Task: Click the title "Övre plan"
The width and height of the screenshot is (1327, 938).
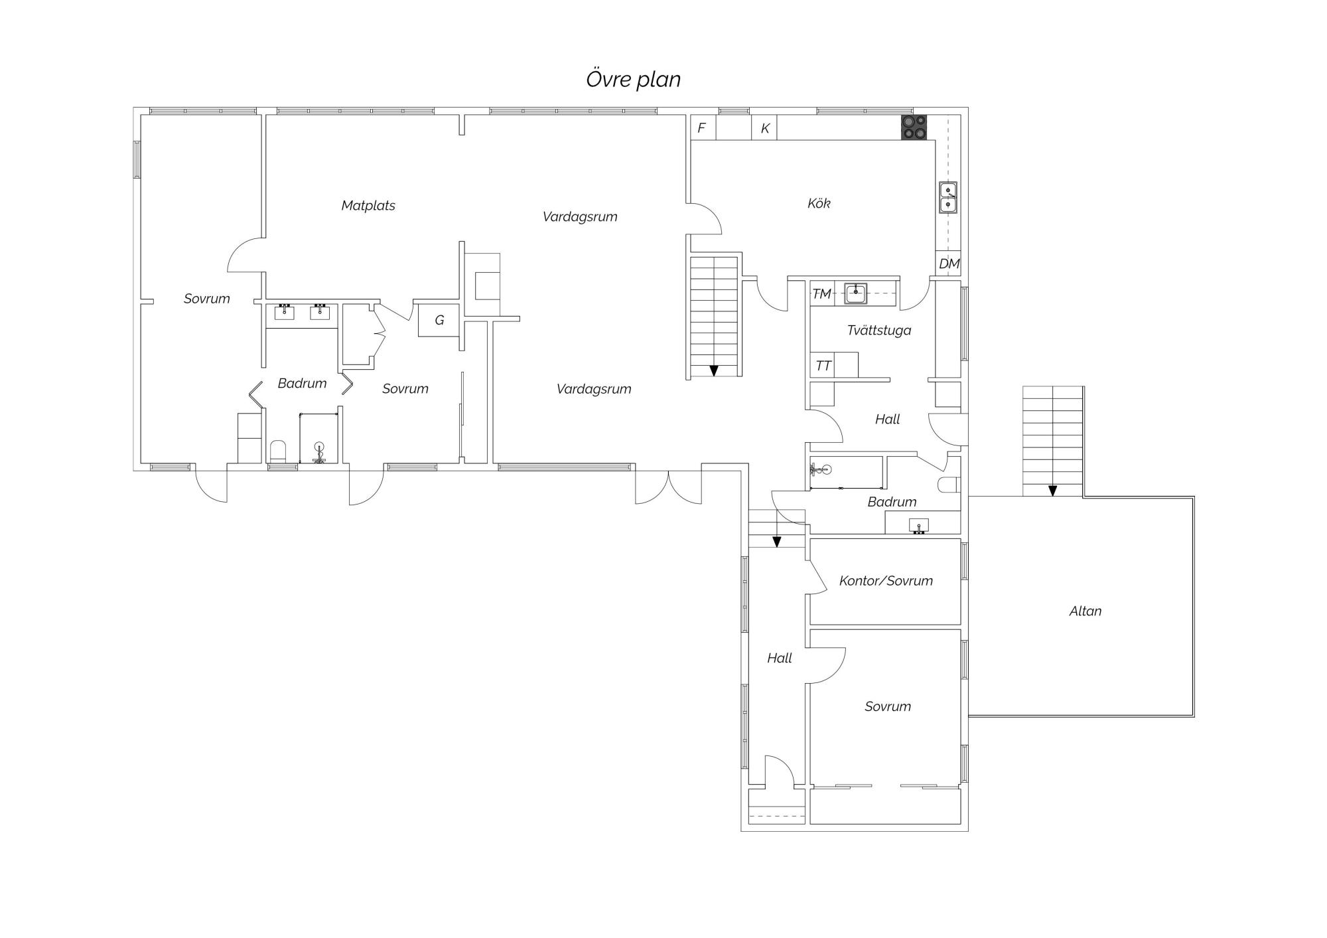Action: coord(634,79)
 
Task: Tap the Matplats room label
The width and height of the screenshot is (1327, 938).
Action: coord(368,206)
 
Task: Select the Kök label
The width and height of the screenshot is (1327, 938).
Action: coord(819,203)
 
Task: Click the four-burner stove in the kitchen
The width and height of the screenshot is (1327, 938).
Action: coord(914,127)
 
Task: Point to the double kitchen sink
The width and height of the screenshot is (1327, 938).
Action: coord(948,197)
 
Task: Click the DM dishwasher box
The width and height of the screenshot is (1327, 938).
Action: coord(949,264)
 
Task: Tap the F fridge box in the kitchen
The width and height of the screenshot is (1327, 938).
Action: coord(703,127)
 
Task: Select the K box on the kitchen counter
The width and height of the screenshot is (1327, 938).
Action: coord(764,127)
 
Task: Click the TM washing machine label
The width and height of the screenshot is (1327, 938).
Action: coord(821,293)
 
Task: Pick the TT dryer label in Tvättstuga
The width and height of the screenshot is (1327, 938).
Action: coord(823,366)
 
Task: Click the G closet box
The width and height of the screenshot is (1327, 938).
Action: coord(439,320)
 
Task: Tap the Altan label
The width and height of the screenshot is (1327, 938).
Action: coord(1085,611)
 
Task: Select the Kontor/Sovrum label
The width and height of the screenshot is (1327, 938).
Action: coord(886,581)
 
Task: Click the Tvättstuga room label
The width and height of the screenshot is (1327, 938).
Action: coord(879,330)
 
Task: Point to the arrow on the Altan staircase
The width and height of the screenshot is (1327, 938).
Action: coord(1052,491)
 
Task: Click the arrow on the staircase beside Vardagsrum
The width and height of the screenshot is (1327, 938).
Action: coord(714,370)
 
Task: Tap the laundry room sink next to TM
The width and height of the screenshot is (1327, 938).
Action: coord(856,293)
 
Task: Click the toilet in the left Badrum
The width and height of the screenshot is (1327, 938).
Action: coord(278,451)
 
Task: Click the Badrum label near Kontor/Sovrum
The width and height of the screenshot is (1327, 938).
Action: coord(892,502)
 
